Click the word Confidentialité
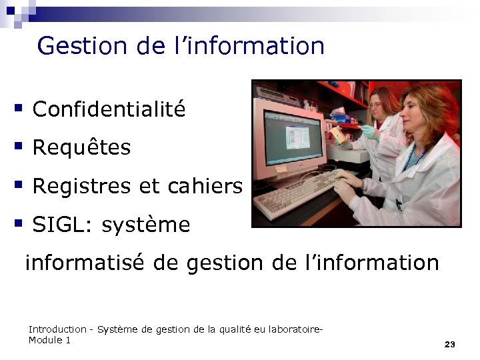pos(109,109)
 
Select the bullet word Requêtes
pos(81,148)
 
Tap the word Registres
pos(80,187)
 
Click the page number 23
pos(449,344)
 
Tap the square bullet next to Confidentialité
pos(19,107)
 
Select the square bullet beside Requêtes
pos(19,145)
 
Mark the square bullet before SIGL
pos(19,223)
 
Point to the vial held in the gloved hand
pos(340,135)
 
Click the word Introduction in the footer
pos(57,329)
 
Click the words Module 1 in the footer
pos(49,340)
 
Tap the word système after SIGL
pos(146,225)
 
